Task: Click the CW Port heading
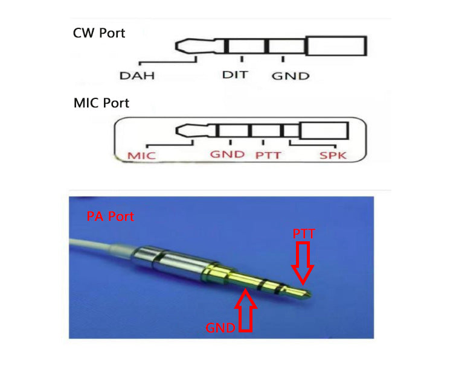click(99, 33)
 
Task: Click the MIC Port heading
click(101, 103)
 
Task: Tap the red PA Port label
click(111, 217)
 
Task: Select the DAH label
click(137, 76)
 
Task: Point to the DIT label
click(235, 75)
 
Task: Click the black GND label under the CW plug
click(291, 76)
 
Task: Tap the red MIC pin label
click(141, 156)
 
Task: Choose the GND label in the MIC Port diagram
click(227, 154)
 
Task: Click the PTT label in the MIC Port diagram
click(268, 156)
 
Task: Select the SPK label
click(333, 155)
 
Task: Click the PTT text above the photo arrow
click(304, 233)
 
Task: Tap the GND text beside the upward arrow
click(220, 328)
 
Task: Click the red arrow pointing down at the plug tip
click(303, 262)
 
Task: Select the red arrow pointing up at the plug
click(246, 310)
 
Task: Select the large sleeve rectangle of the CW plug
click(336, 46)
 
